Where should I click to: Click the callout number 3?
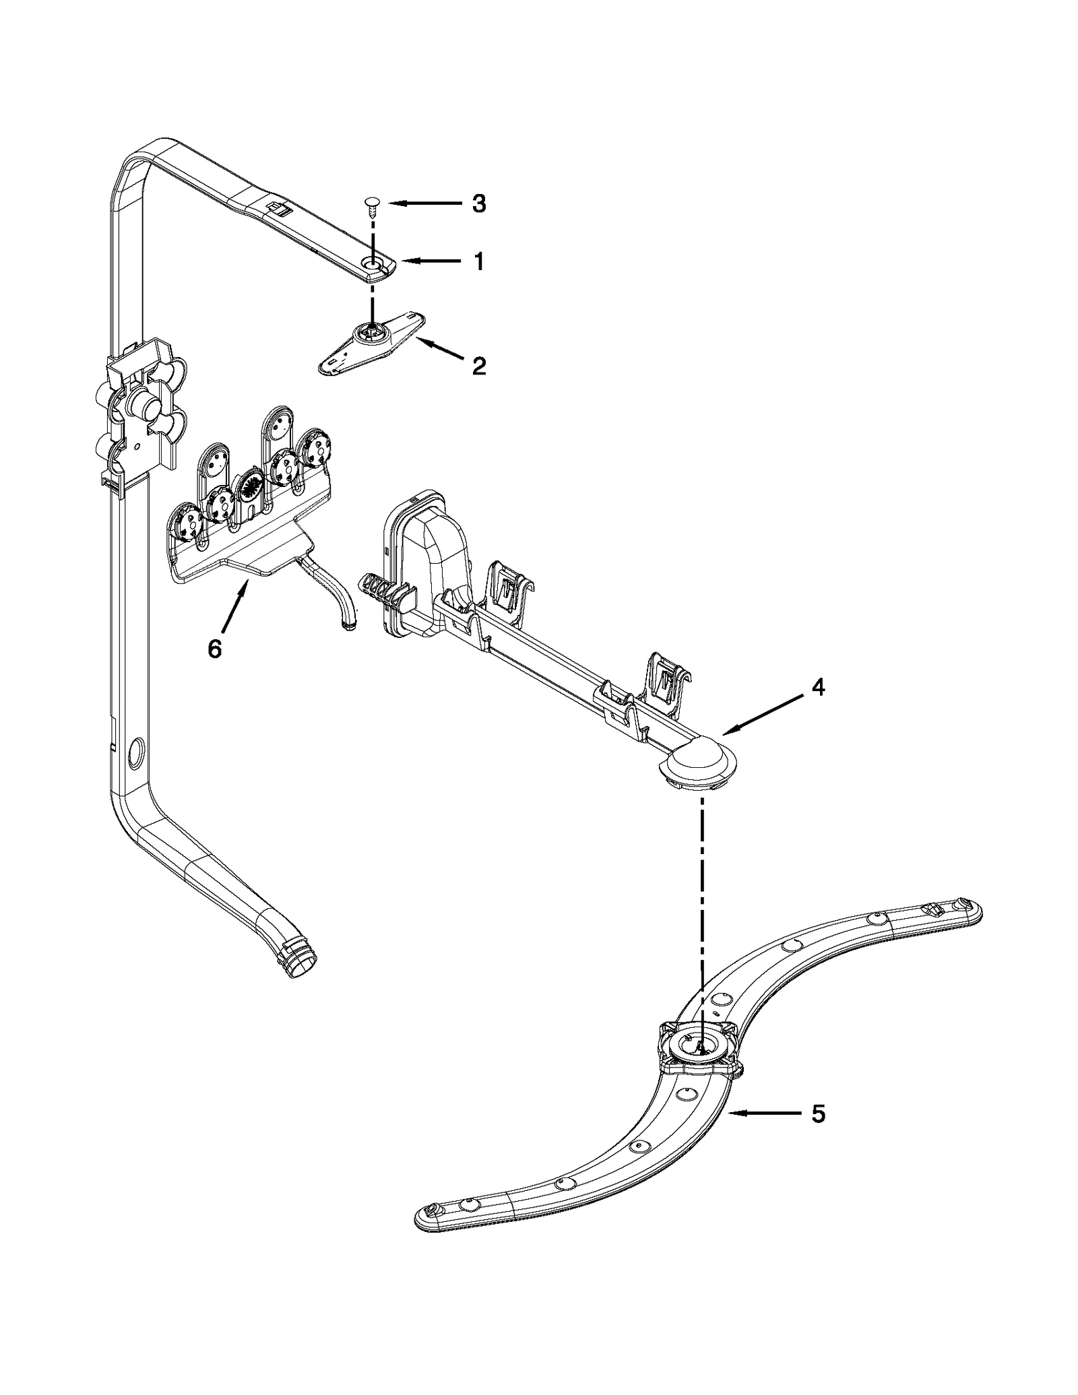478,204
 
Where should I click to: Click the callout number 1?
478,261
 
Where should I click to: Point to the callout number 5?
817,1114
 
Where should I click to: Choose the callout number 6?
214,649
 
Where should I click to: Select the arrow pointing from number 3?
421,203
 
